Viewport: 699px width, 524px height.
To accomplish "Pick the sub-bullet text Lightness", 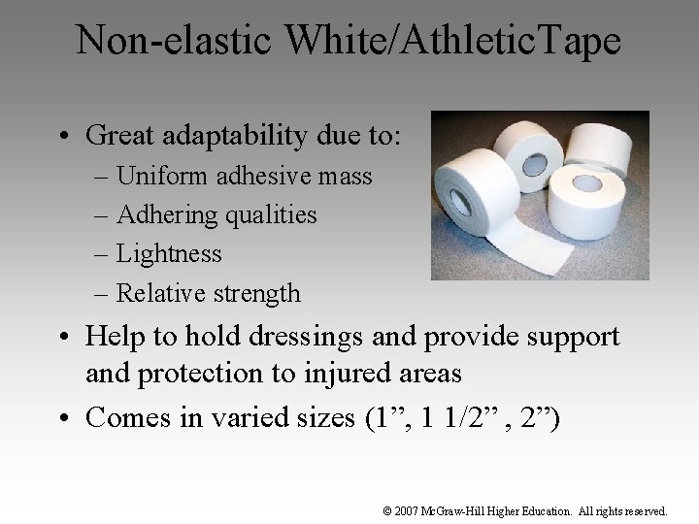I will pos(169,253).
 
